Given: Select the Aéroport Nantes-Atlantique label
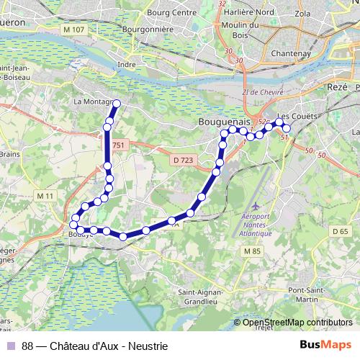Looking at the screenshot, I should [256, 225].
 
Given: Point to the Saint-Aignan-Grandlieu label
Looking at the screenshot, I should [204, 297].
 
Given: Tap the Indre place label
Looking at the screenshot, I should [127, 64].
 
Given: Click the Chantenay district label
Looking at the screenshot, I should [290, 53].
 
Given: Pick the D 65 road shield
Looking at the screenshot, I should [340, 230].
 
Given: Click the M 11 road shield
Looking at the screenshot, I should [45, 195].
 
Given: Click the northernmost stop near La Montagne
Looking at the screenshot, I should [114, 103].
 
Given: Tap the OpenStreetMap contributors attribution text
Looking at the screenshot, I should [297, 322].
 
